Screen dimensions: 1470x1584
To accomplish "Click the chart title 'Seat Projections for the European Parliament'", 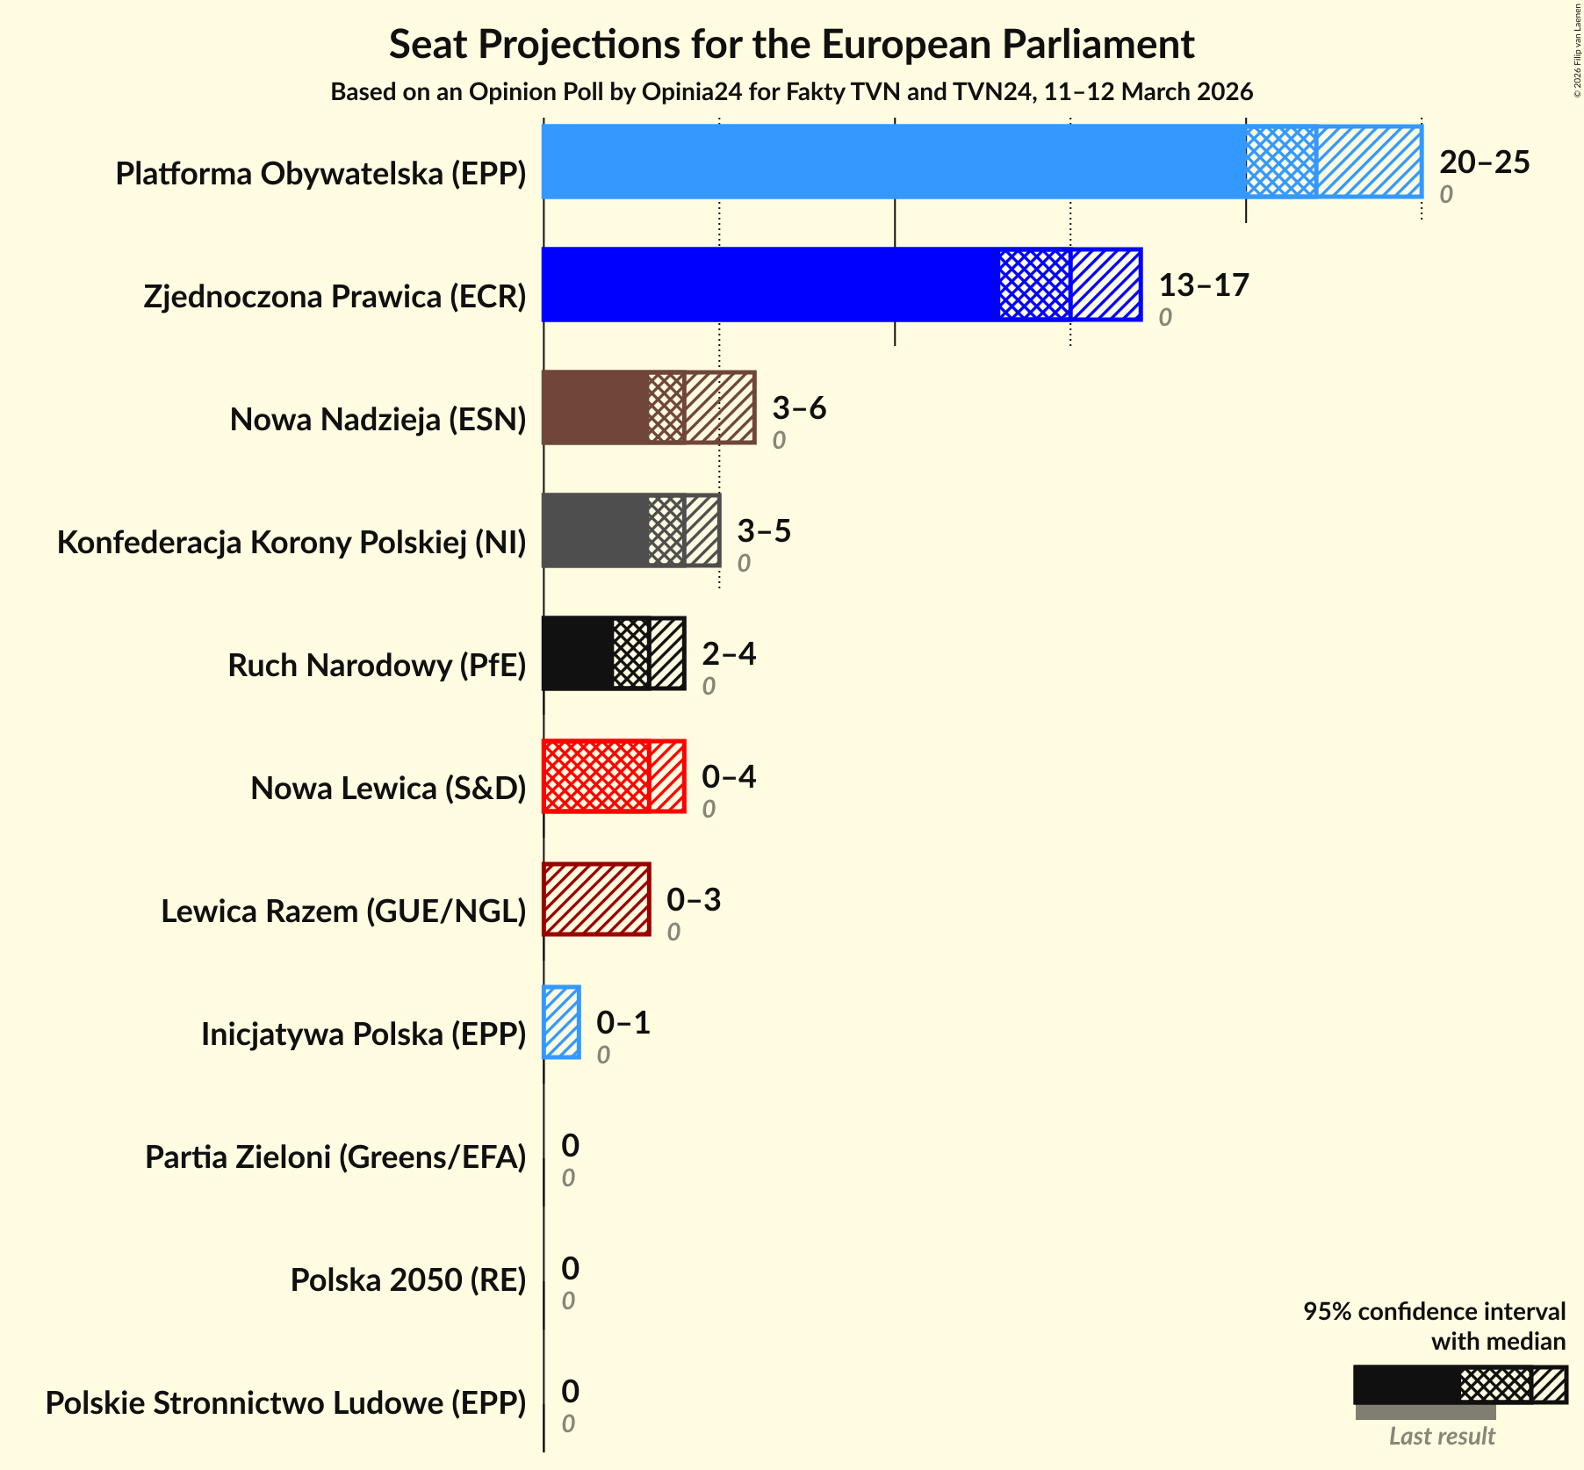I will coord(791,44).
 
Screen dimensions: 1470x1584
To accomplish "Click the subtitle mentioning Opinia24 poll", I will coord(791,92).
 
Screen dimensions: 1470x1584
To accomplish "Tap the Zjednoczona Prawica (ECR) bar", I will coord(841,285).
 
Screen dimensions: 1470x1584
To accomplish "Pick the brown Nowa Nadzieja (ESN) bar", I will coord(648,407).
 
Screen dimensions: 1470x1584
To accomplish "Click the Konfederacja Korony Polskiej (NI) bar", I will coord(630,530).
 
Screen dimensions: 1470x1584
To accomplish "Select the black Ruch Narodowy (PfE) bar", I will coord(613,653).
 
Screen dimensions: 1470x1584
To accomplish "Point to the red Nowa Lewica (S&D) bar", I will coord(613,776).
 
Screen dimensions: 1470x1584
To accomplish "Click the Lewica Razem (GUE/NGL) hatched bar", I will coord(596,899).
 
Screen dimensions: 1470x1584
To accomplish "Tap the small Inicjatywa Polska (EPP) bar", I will coord(561,1022).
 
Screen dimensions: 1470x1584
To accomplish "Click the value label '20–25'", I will coord(1484,162).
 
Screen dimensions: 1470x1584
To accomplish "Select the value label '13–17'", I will coord(1203,285).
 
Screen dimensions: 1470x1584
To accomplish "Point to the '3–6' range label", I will coord(799,407).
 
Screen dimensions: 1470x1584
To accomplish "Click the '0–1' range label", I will coord(623,1022).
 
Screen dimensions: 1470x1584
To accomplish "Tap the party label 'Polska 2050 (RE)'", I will coord(408,1280).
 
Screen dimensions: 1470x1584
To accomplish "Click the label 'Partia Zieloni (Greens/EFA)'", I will coord(335,1157).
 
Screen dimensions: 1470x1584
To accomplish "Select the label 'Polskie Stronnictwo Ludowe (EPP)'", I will coord(285,1403).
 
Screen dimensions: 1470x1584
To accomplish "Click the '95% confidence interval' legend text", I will coord(1434,1312).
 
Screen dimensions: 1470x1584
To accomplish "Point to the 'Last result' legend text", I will coord(1442,1437).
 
